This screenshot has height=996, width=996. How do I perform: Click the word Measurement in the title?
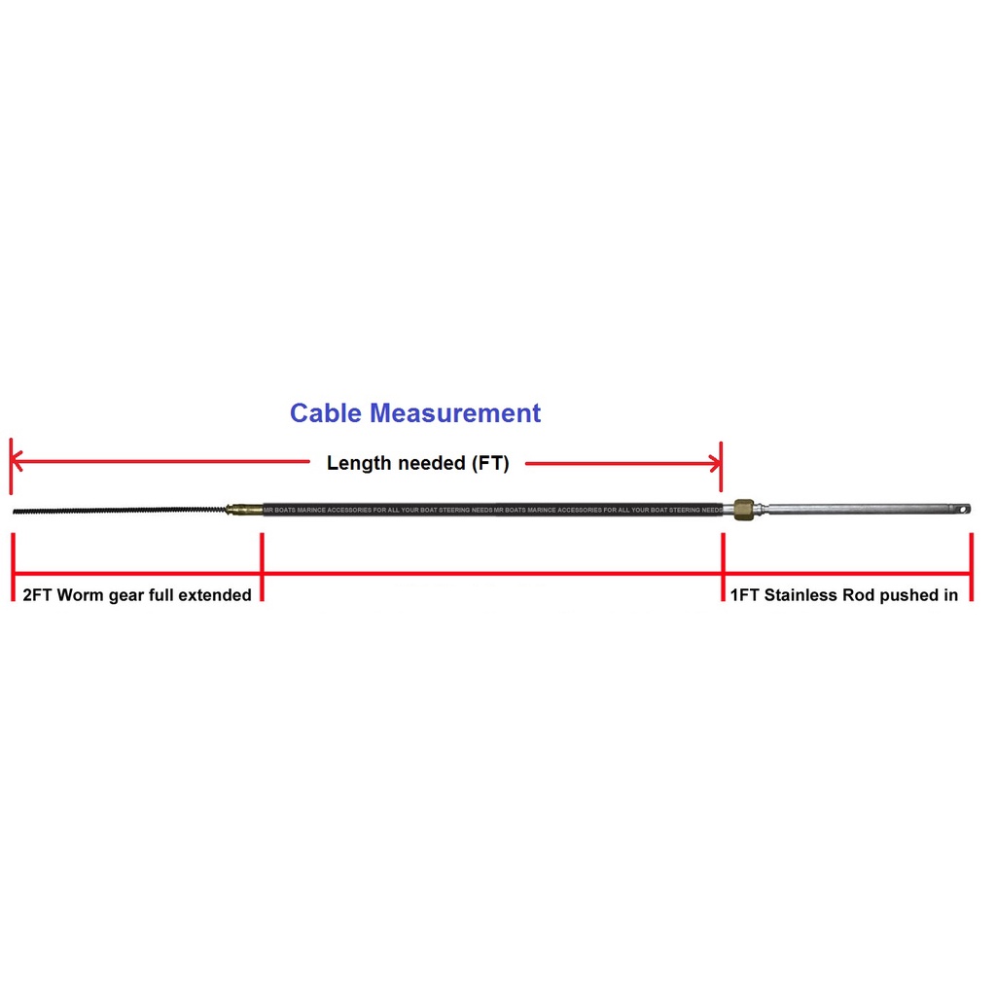(x=455, y=413)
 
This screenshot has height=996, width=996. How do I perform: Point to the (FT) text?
(x=490, y=464)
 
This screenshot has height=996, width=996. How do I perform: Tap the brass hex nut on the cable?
(x=746, y=509)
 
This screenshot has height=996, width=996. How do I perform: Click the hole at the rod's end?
(x=960, y=508)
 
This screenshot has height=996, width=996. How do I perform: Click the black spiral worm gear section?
(x=117, y=510)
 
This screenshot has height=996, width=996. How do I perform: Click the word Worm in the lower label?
(x=80, y=595)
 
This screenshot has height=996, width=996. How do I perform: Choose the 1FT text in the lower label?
(x=744, y=595)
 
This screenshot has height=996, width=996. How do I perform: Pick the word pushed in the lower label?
(x=908, y=595)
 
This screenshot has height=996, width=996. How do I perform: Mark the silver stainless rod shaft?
(x=856, y=509)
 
